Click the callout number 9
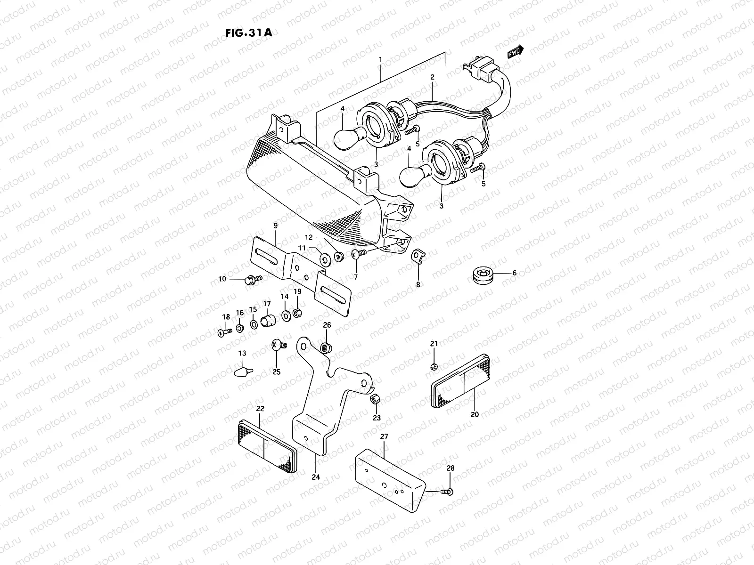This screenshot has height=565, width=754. (x=276, y=226)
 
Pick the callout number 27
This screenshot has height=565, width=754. (x=384, y=437)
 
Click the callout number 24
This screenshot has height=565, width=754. (x=316, y=477)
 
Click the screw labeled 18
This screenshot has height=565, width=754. (x=224, y=332)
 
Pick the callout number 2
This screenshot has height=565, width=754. (x=432, y=76)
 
